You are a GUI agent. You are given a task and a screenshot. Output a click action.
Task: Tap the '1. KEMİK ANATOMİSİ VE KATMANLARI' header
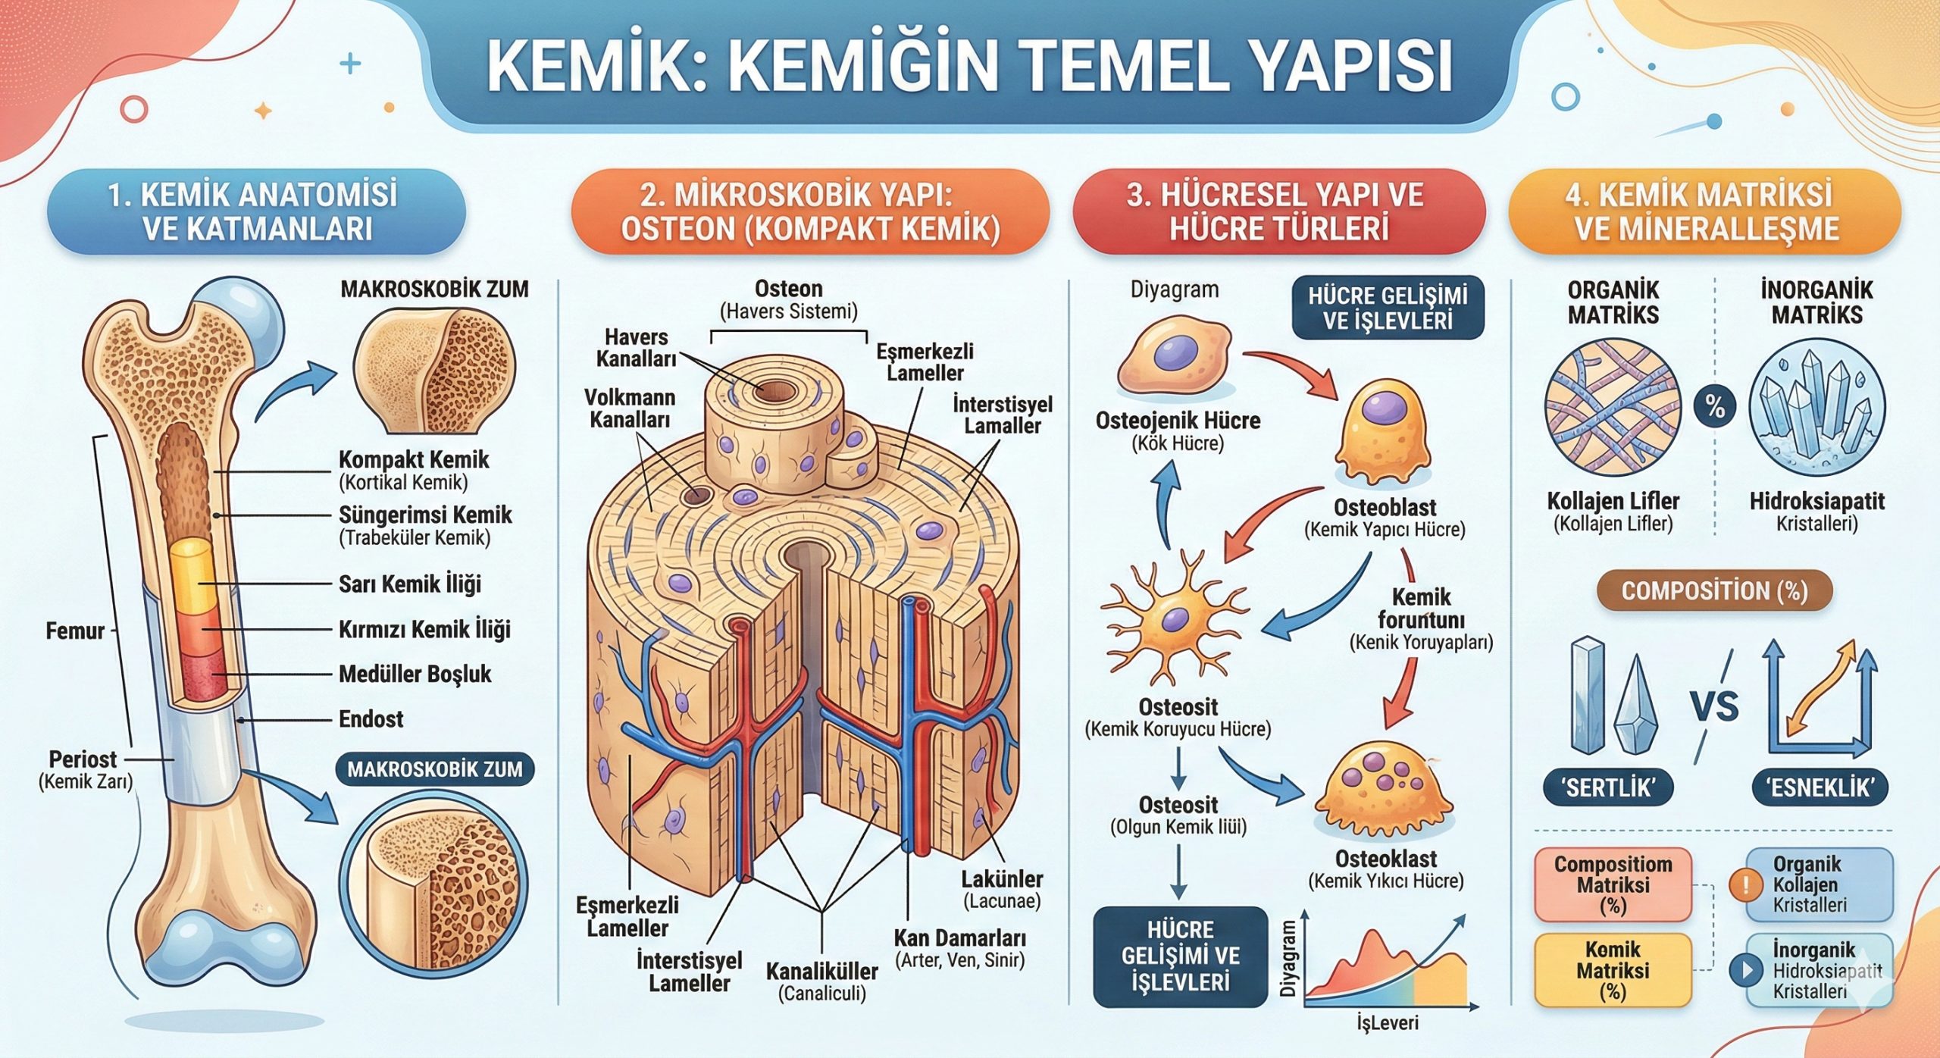point(256,211)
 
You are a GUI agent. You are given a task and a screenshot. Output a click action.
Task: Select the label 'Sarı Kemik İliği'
point(409,584)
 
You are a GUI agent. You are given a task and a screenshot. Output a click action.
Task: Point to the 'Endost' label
point(371,718)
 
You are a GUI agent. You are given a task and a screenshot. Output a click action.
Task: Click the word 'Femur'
point(74,631)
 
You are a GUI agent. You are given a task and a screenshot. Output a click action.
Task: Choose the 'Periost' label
point(83,759)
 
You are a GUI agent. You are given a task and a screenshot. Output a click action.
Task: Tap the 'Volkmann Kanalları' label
point(629,408)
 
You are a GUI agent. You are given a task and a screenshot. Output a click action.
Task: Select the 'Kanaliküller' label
point(822,972)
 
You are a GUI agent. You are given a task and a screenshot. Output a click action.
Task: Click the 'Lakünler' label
point(1002,880)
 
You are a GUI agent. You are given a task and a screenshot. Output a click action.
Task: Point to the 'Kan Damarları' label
point(959,938)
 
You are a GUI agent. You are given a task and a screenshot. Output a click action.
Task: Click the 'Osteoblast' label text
point(1385,507)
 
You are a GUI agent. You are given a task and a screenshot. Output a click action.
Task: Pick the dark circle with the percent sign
point(1715,406)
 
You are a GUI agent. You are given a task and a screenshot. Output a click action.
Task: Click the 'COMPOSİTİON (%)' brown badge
point(1714,591)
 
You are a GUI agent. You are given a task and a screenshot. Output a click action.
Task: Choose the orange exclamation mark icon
point(1744,884)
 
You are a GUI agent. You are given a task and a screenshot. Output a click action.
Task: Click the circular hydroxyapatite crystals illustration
point(1816,406)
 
